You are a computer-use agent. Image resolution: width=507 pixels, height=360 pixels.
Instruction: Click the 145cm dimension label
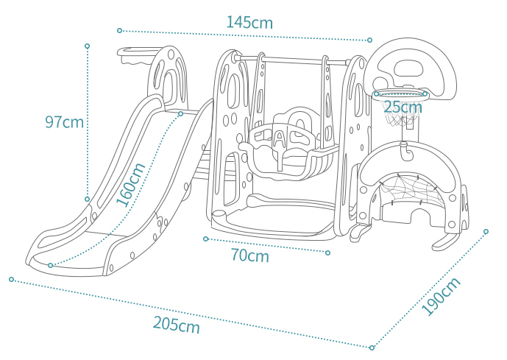click(x=249, y=23)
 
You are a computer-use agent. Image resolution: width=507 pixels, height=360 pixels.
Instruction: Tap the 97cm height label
click(x=64, y=122)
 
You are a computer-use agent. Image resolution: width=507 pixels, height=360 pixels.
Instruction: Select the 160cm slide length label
click(x=131, y=185)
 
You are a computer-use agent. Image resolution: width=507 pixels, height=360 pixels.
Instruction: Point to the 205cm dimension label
click(x=176, y=325)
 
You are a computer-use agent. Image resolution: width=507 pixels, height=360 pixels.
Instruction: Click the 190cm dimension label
click(x=441, y=296)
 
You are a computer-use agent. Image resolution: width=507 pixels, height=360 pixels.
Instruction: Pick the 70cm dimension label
click(x=250, y=255)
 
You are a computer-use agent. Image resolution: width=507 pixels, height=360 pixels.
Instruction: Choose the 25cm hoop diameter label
click(x=403, y=107)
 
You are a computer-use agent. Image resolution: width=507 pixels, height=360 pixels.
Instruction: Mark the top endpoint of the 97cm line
click(x=87, y=46)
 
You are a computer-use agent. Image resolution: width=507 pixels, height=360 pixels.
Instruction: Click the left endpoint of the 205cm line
click(x=12, y=279)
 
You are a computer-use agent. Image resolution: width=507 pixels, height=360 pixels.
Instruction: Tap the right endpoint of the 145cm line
click(x=369, y=40)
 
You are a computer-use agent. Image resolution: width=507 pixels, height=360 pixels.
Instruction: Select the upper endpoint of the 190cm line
click(x=486, y=231)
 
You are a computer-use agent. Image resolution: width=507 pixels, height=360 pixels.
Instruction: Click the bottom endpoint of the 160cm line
click(x=50, y=265)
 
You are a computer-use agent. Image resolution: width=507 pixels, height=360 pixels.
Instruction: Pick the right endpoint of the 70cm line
click(x=327, y=253)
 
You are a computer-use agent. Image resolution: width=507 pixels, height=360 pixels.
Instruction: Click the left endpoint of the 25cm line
click(x=376, y=94)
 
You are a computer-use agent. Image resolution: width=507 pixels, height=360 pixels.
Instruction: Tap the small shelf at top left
click(x=139, y=53)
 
